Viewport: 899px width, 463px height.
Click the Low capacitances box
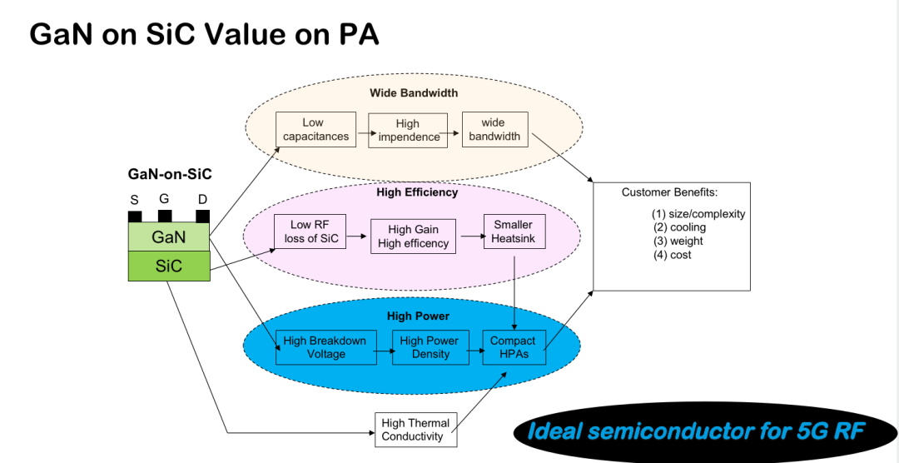[315, 130]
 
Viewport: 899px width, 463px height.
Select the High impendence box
[408, 131]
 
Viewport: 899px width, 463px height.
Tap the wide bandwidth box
[494, 129]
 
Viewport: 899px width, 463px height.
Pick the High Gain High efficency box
[413, 236]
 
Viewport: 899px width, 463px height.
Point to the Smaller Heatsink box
[514, 231]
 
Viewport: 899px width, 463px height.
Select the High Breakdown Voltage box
[325, 347]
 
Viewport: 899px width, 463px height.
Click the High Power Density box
[429, 347]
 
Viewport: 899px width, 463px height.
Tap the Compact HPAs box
[513, 347]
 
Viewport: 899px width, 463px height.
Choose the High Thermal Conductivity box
[415, 430]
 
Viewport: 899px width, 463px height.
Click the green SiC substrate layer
[168, 266]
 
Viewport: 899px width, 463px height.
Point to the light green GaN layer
[168, 237]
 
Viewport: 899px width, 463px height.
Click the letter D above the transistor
[202, 200]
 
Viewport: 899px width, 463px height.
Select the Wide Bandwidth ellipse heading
[414, 92]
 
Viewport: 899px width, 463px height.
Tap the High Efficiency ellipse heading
[417, 192]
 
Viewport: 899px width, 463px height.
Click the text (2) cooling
[678, 227]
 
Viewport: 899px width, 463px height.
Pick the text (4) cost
[672, 255]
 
